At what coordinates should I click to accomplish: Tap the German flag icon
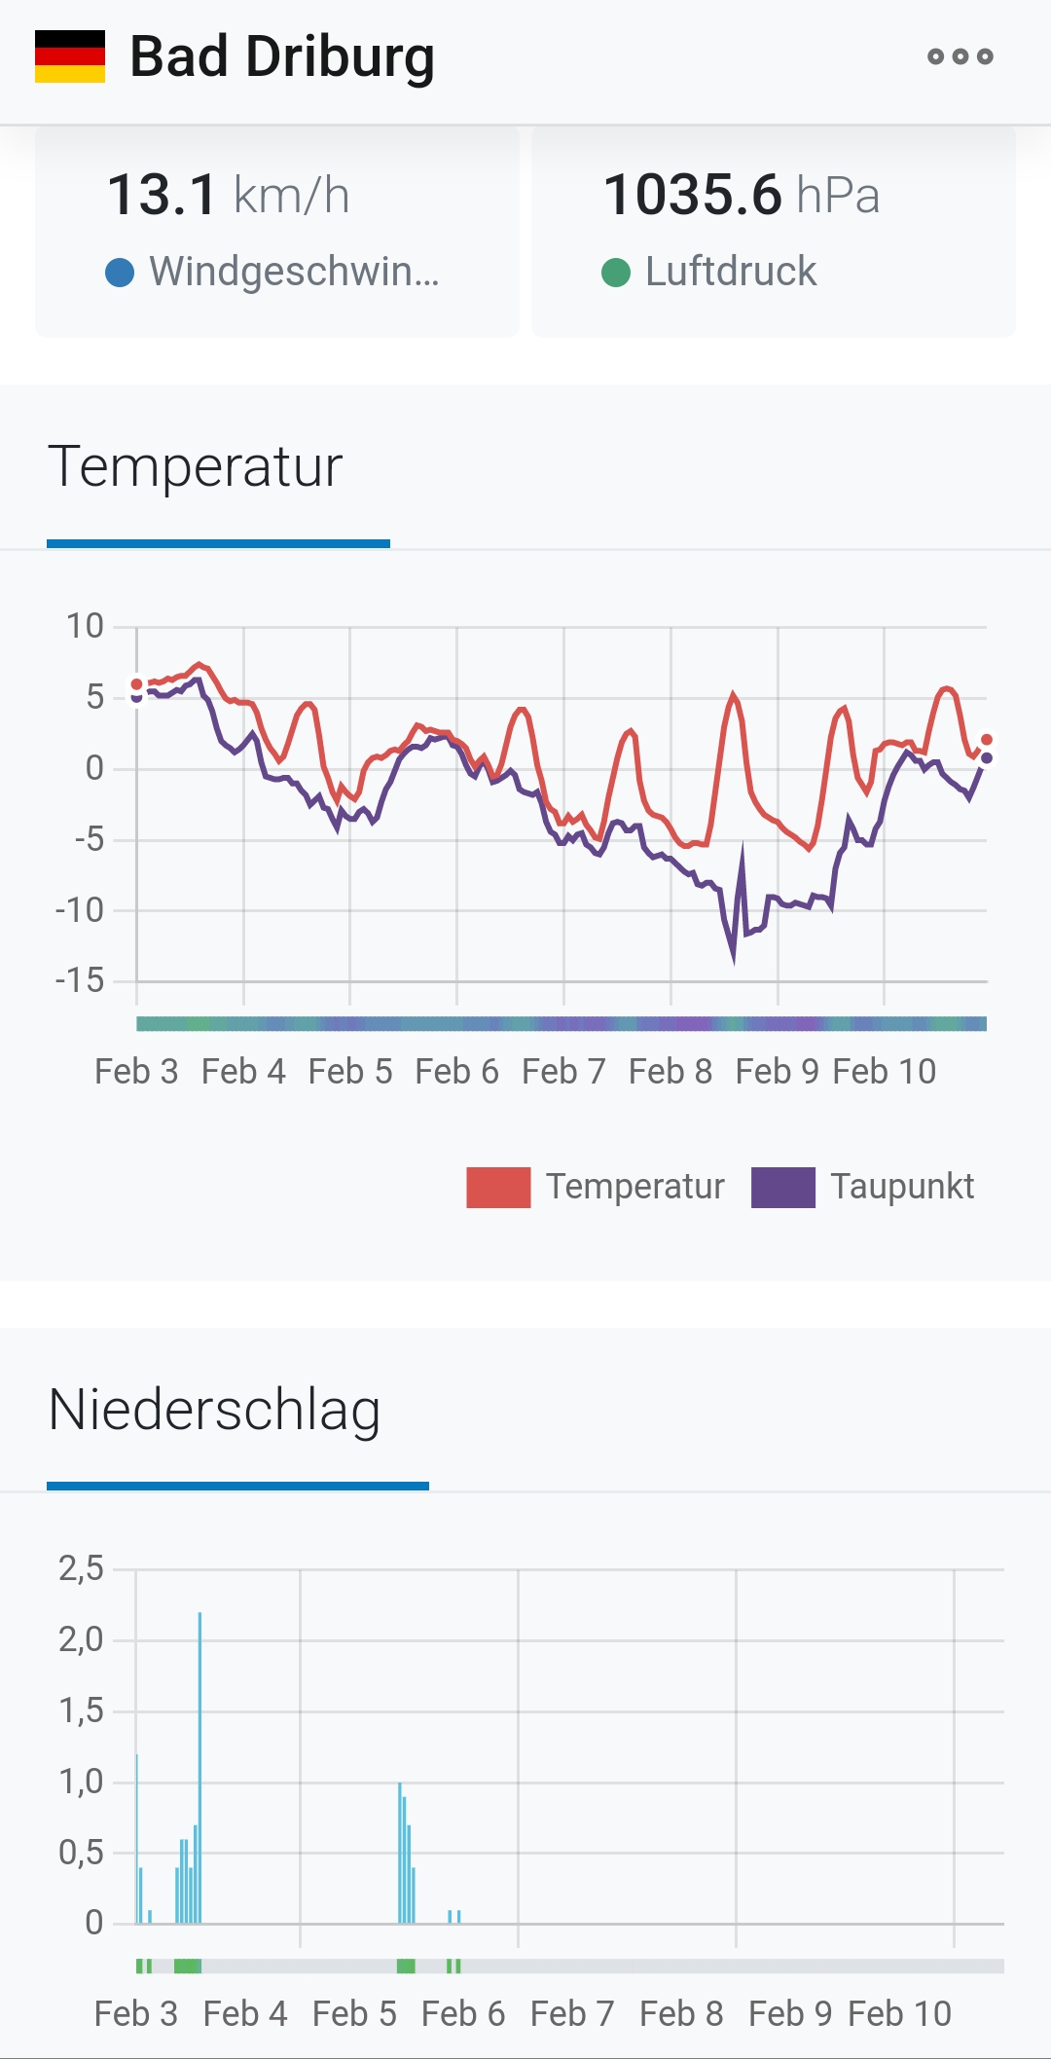coord(70,56)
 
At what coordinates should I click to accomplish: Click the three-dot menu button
coord(960,56)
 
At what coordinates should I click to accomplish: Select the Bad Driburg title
coord(282,56)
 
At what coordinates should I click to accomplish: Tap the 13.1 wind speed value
coord(163,195)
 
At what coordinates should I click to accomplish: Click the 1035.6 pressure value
coord(692,195)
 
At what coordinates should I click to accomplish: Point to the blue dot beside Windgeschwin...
coord(119,273)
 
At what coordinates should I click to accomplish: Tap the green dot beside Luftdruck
coord(616,273)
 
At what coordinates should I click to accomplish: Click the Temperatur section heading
coord(196,466)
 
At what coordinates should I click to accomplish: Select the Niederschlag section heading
coord(214,1410)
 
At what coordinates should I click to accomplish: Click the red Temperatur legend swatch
coord(498,1187)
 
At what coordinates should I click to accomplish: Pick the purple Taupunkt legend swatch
coord(782,1187)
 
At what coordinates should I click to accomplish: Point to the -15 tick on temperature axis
coord(80,980)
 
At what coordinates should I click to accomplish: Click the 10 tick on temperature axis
coord(85,626)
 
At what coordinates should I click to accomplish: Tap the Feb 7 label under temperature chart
coord(563,1072)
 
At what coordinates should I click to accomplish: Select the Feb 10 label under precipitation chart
coord(899,2013)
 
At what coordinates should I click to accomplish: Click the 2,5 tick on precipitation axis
coord(81,1568)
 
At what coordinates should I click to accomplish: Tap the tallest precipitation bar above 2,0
coord(199,1655)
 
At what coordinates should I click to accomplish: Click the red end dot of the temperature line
coord(987,740)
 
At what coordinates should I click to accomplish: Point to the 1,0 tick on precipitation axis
coord(81,1782)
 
